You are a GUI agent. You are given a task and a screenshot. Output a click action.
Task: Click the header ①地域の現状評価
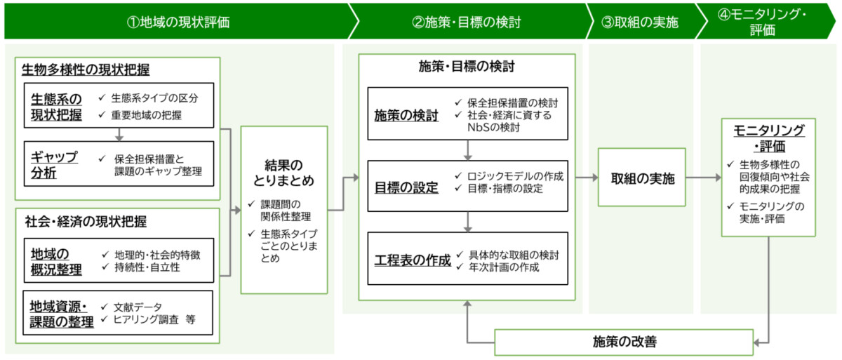pos(178,22)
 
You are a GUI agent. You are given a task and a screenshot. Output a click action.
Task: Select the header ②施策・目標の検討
pos(467,22)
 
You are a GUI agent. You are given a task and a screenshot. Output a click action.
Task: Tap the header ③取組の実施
pos(640,22)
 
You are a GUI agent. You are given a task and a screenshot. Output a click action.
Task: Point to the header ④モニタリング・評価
pos(762,22)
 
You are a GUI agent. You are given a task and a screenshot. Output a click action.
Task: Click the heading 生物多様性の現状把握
pos(86,69)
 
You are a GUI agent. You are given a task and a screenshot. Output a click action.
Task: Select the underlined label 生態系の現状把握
pos(56,107)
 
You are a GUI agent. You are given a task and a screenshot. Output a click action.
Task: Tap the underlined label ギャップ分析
pos(54,165)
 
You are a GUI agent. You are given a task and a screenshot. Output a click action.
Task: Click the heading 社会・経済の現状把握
pos(86,221)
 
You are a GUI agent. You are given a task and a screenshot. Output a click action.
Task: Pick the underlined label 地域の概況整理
pos(56,262)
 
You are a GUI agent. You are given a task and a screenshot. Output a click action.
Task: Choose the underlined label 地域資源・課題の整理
pos(62,314)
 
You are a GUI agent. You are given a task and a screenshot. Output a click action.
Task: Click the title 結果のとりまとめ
pos(283,173)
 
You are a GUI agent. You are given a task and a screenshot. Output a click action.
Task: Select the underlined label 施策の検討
pos(406,115)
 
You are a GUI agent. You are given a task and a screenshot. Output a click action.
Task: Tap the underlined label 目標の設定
pos(406,187)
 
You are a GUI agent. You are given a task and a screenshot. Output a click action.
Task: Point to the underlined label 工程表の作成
pos(413,260)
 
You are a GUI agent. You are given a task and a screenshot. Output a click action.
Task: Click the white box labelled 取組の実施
pos(642,178)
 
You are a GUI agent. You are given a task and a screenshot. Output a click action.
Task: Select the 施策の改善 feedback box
pos(624,342)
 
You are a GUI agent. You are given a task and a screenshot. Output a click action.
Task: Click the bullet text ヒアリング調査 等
pos(154,319)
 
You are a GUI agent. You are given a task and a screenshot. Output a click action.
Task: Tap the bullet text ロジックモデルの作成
pos(515,176)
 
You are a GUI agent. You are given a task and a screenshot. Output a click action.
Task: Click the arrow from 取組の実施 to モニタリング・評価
pos(704,178)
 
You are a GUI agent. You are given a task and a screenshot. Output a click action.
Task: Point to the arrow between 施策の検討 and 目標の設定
pos(467,150)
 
